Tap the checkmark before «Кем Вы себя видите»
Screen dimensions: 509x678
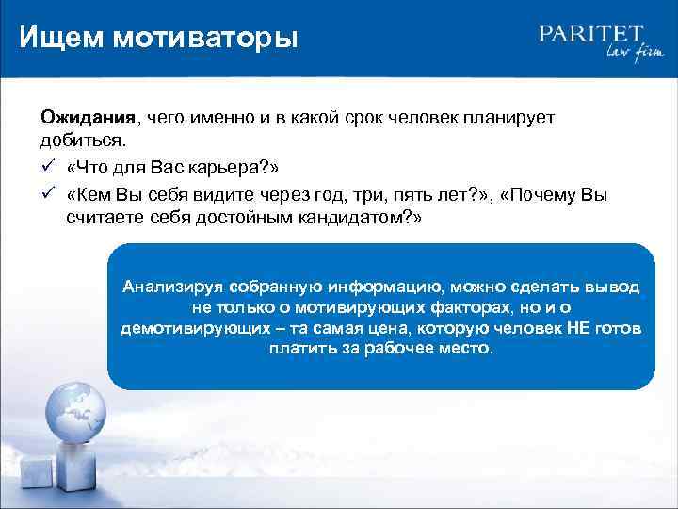(x=46, y=194)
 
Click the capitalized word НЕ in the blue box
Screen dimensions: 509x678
(x=576, y=328)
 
